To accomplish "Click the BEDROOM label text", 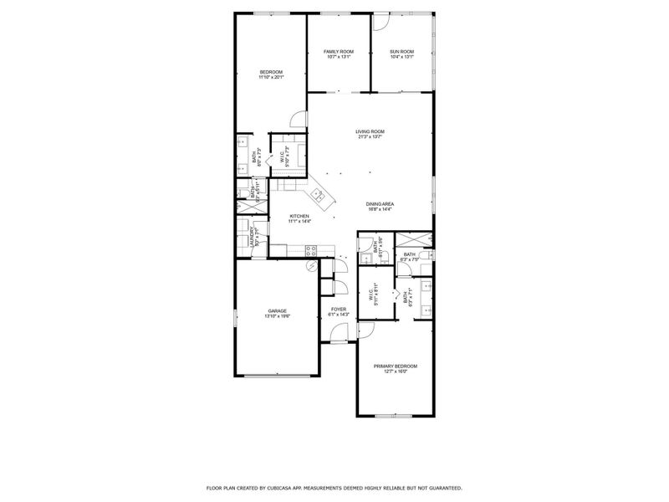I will (x=271, y=72).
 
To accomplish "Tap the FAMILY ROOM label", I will (x=339, y=52).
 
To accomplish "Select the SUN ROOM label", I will (x=401, y=52).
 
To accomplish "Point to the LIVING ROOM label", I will (x=370, y=131).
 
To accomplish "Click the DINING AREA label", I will (x=380, y=204).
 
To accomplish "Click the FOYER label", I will (x=338, y=309).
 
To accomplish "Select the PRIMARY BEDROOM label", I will (x=395, y=366).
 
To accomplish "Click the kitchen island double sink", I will (x=319, y=197).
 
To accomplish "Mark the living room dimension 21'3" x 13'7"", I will (x=370, y=137).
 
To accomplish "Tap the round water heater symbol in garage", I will (x=310, y=265).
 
